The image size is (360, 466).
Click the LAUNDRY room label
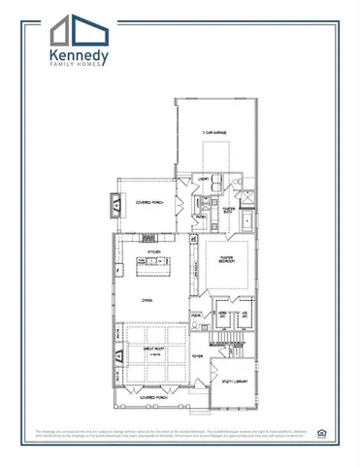click(x=205, y=180)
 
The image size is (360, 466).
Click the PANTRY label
click(x=199, y=216)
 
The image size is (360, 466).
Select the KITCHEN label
click(x=153, y=250)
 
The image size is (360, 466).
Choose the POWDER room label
click(x=196, y=316)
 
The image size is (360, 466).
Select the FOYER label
click(x=197, y=356)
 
